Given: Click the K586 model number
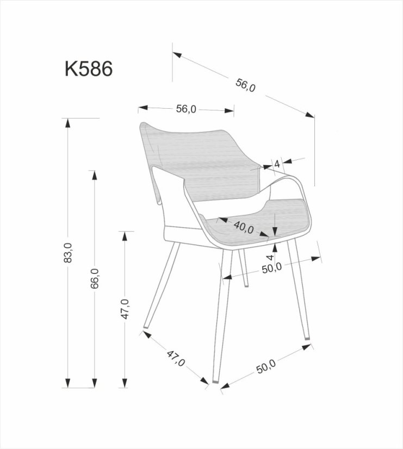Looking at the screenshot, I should [89, 69].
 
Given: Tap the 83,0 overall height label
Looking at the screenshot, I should [67, 253].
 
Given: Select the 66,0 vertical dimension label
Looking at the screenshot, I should [95, 278].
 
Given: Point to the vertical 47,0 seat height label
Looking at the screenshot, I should [125, 309].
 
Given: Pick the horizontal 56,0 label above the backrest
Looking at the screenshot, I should [185, 109].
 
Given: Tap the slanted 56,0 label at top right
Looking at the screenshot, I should [245, 85].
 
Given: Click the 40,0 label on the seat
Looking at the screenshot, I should [244, 228].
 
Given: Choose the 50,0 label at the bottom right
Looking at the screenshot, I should [266, 367].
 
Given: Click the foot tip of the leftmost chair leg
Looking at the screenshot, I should [146, 328].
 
